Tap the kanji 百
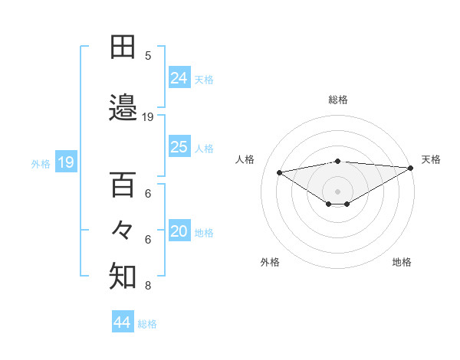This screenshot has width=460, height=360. coord(123,185)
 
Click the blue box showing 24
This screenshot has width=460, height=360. coord(179,77)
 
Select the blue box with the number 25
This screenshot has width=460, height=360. coord(179,147)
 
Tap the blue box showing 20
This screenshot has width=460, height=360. coord(179,232)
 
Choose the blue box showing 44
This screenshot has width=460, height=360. coord(123,322)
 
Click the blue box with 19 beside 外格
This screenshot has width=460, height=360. coord(65,162)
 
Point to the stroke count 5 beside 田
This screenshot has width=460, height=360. coord(148,56)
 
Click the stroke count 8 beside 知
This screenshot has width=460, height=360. coord(148,286)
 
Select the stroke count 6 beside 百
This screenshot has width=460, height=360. coord(148,194)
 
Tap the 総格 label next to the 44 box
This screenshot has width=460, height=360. coord(147,324)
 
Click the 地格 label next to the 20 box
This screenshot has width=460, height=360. coord(204,233)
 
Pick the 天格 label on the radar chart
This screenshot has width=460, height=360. coord(431,159)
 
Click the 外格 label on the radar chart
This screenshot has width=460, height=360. coord(270,262)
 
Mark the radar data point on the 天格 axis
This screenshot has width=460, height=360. coord(410,168)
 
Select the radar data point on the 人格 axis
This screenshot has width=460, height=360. coord(280,172)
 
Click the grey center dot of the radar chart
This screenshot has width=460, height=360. coord(337,191)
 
